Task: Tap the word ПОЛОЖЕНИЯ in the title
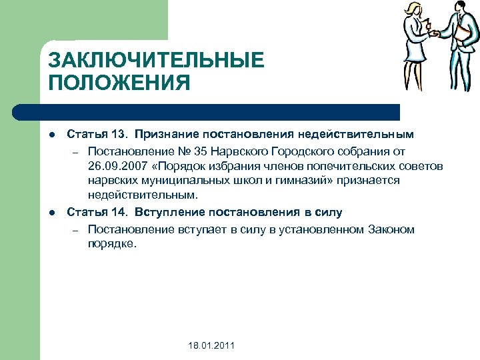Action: coord(119,83)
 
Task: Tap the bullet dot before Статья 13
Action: coord(51,135)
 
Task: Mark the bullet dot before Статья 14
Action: coord(51,213)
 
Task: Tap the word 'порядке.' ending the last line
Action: coord(111,244)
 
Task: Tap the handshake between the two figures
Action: coord(435,33)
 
